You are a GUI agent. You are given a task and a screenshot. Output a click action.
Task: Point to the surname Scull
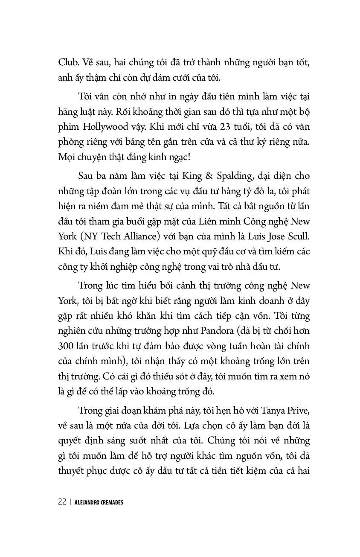pyautogui.click(x=296, y=236)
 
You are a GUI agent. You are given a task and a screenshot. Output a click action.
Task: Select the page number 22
pyautogui.click(x=62, y=502)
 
